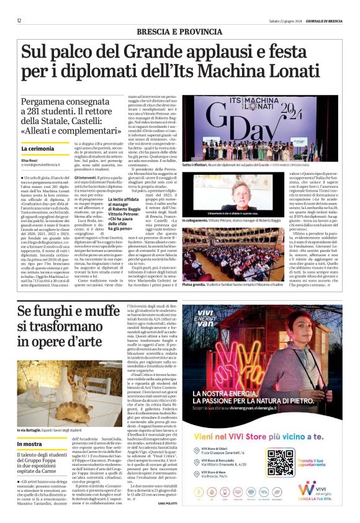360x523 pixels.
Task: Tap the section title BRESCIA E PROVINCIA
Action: pos(181,31)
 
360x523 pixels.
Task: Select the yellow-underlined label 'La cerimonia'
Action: pos(37,149)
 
